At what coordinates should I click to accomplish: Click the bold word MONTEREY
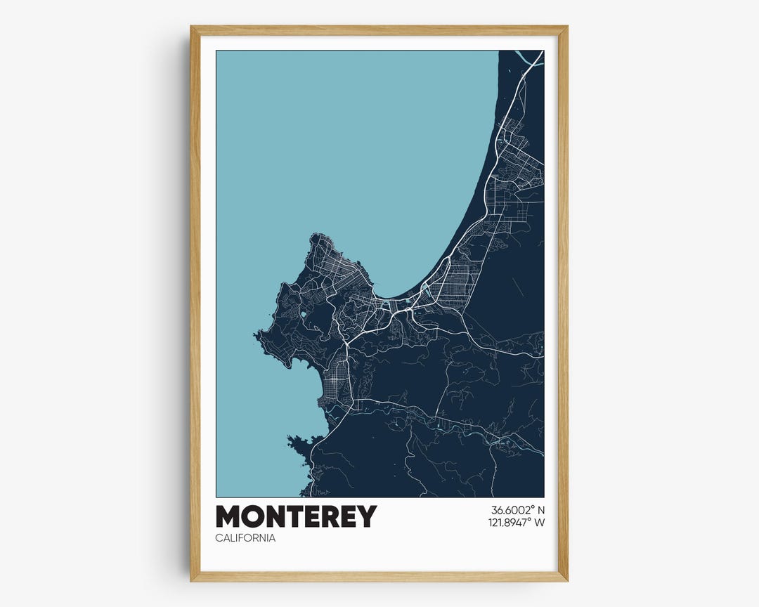[296, 516]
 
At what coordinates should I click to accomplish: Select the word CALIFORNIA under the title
[245, 538]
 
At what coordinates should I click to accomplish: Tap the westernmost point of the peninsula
[257, 337]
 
